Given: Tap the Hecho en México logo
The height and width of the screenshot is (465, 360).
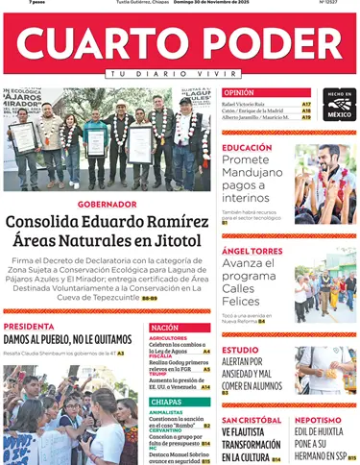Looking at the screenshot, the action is pos(339,104).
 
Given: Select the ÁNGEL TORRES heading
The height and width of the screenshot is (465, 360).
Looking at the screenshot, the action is pos(252,251).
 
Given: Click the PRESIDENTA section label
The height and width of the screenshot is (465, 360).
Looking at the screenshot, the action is pos(29,327).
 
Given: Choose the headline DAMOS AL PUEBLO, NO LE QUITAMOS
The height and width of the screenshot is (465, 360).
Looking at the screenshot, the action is pos(67,339).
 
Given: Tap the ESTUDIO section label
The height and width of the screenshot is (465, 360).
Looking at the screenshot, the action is pos(240,350).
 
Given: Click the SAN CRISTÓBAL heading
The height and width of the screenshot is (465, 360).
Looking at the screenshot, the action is pos(252,420).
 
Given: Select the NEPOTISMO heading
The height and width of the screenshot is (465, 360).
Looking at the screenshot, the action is pos(318,420).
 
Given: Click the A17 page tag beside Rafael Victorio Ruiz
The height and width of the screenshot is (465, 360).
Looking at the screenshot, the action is pos(306,104).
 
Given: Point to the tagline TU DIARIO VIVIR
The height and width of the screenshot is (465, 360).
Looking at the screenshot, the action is pos(180,74).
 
